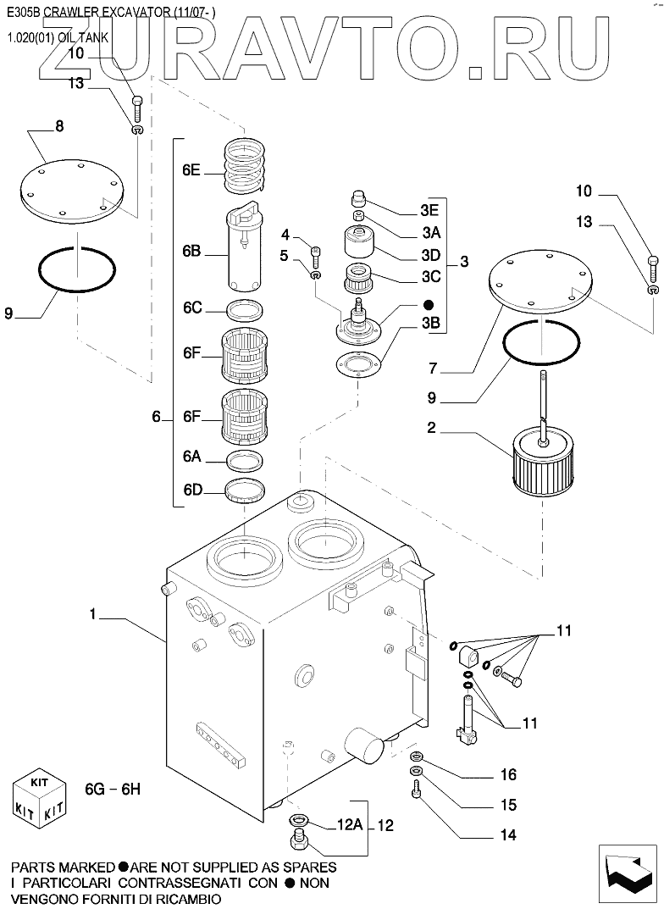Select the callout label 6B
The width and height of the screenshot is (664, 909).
[191, 252]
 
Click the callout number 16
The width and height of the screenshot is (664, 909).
[508, 774]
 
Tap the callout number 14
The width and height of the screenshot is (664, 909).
[508, 834]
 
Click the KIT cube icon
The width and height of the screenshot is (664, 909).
[40, 801]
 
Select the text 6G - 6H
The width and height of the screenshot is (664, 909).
[112, 789]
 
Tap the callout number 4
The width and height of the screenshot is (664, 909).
[285, 235]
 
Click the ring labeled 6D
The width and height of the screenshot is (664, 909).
[246, 490]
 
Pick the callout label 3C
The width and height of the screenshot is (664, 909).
[429, 275]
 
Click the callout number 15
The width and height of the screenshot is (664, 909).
[508, 804]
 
